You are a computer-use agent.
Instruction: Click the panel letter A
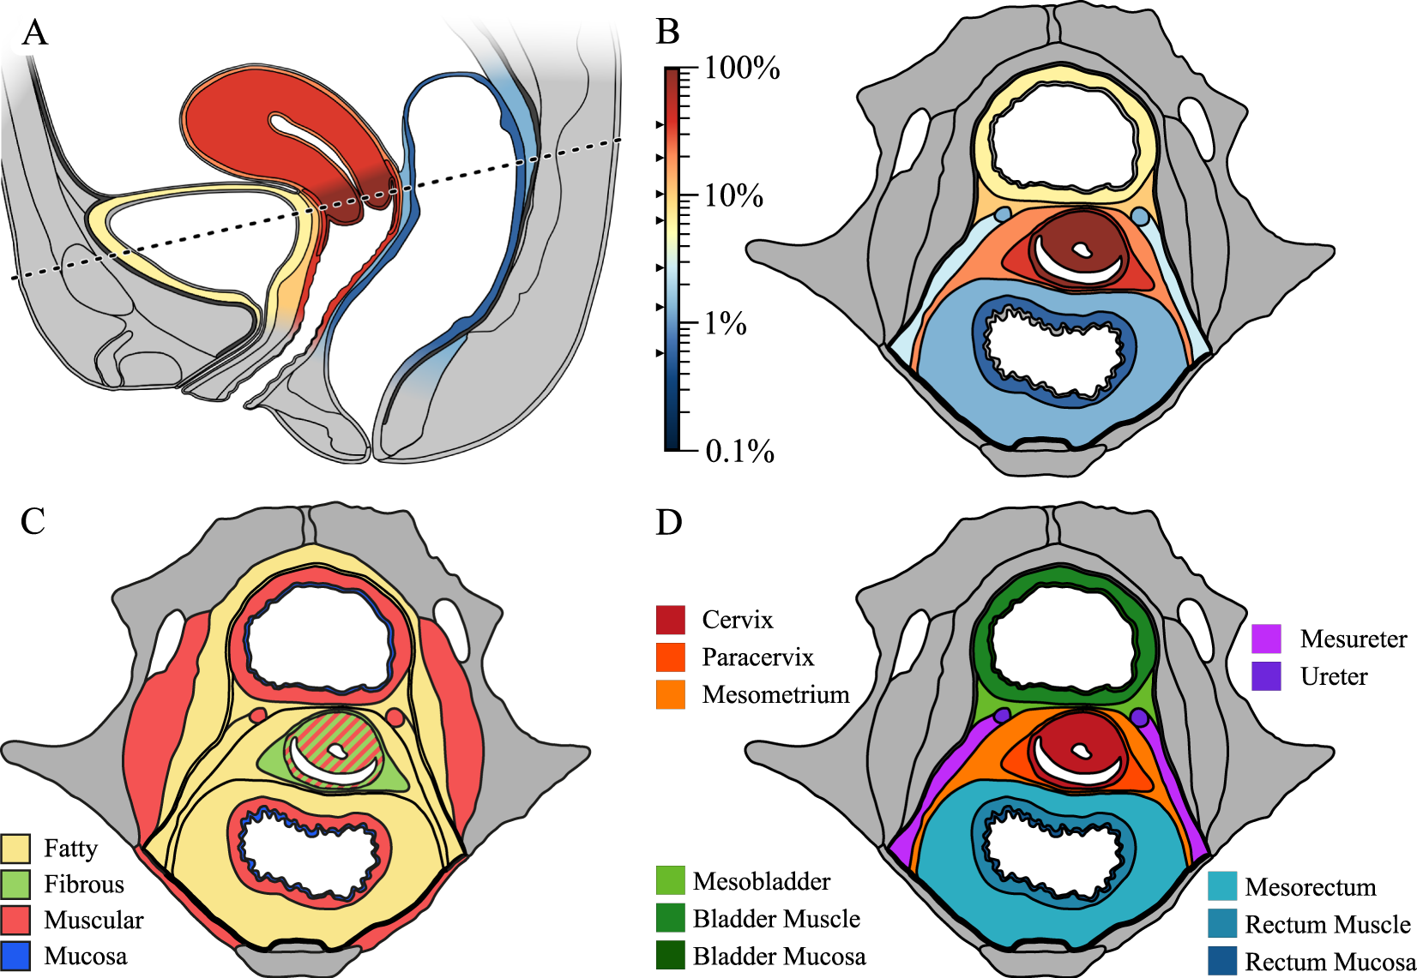pyautogui.click(x=34, y=33)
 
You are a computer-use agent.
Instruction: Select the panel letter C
pyautogui.click(x=33, y=520)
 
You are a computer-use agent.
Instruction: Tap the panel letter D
pyautogui.click(x=668, y=521)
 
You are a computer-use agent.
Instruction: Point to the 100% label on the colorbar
pyautogui.click(x=742, y=69)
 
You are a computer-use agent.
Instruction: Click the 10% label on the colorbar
pyautogui.click(x=733, y=196)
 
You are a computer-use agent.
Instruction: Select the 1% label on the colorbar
pyautogui.click(x=725, y=324)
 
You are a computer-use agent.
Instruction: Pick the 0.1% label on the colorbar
pyautogui.click(x=739, y=451)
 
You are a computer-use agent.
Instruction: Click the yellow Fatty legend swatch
pyautogui.click(x=16, y=849)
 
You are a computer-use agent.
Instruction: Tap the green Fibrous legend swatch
pyautogui.click(x=16, y=885)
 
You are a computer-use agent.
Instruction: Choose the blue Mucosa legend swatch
pyautogui.click(x=16, y=956)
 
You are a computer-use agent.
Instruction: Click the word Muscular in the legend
pyautogui.click(x=93, y=921)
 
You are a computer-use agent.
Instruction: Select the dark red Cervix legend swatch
pyautogui.click(x=671, y=620)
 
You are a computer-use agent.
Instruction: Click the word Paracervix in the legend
pyautogui.click(x=757, y=657)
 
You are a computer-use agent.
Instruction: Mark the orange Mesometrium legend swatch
pyautogui.click(x=671, y=694)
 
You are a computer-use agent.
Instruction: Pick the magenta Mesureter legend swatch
pyautogui.click(x=1266, y=639)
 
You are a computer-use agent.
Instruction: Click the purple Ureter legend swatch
pyautogui.click(x=1266, y=676)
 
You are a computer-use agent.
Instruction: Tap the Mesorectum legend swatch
pyautogui.click(x=1222, y=886)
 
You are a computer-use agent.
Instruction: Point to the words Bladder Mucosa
pyautogui.click(x=779, y=957)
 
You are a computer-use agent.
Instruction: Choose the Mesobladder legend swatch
pyautogui.click(x=671, y=881)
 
